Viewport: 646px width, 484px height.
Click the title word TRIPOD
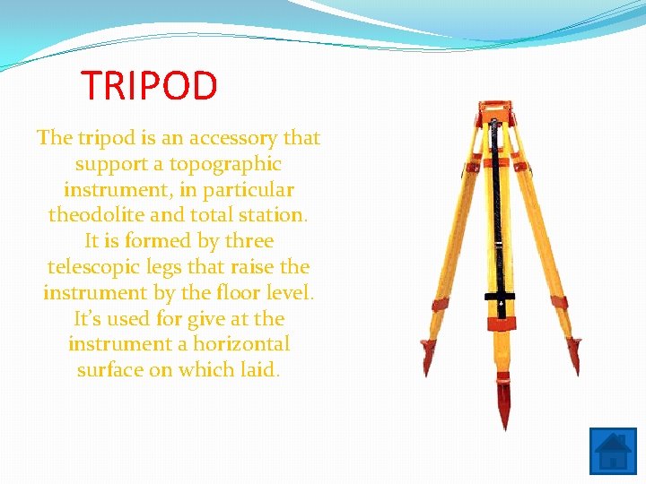pos(150,86)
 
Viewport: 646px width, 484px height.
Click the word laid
pos(259,370)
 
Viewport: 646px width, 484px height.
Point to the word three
pos(249,241)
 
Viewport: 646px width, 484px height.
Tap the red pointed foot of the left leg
pos(428,359)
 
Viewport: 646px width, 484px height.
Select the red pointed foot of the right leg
pos(574,353)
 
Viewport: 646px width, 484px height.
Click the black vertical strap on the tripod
pos(501,215)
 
